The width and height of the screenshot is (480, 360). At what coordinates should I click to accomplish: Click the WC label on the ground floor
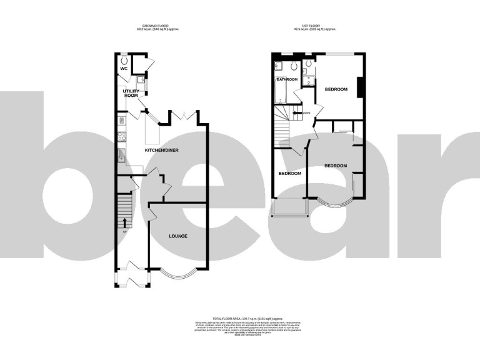pos(124,69)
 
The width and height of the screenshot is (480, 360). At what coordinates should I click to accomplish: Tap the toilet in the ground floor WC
pos(124,60)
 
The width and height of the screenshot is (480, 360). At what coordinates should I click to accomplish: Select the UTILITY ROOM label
pos(131,93)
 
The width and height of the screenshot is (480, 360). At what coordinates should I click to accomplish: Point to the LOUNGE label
pos(178,236)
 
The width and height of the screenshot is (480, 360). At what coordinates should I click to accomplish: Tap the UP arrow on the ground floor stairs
pos(125,222)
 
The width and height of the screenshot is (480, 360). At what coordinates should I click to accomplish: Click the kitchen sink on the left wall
pos(121,156)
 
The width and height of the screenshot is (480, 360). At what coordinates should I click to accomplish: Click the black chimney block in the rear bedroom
pos(359,87)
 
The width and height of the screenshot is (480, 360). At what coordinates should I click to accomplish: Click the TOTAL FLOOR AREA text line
pos(240,319)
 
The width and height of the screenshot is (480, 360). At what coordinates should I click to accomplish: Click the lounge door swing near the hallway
pos(152,216)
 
